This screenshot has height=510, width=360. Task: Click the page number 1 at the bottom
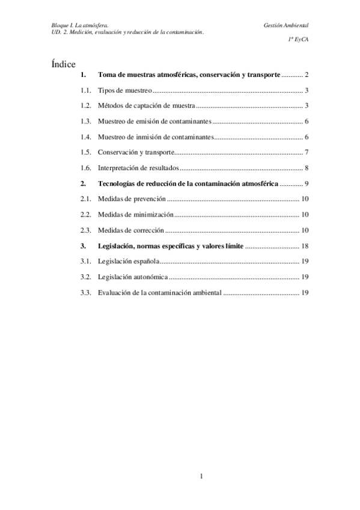pos(203,477)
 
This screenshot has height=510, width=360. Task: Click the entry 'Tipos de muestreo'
pos(124,90)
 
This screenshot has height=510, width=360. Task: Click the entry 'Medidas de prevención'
pos(131,199)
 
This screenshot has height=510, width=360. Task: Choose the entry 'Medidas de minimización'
pos(135,215)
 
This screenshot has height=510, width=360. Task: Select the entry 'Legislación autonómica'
pos(133,277)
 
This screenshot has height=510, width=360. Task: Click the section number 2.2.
pos(85,215)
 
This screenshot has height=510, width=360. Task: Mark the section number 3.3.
pos(85,293)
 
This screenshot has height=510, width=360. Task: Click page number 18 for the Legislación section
pos(305,246)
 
